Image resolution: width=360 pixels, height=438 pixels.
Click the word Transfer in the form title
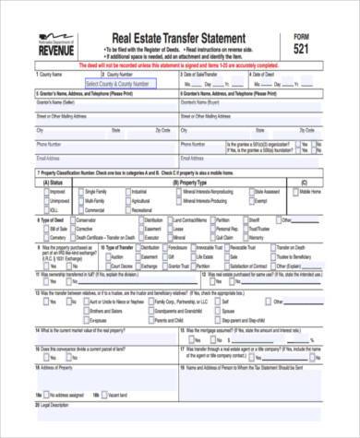(179, 37)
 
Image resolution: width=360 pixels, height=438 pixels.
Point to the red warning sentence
(179, 66)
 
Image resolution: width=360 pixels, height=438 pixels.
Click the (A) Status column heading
(54, 183)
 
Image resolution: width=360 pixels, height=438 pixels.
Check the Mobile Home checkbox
(295, 192)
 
